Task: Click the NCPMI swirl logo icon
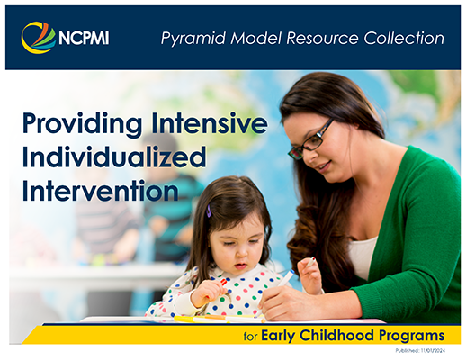[37, 38]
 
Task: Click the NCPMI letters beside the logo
[85, 39]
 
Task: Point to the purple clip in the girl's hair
[208, 211]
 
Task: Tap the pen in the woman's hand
[286, 276]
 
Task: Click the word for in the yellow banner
[250, 337]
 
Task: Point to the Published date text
[431, 352]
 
